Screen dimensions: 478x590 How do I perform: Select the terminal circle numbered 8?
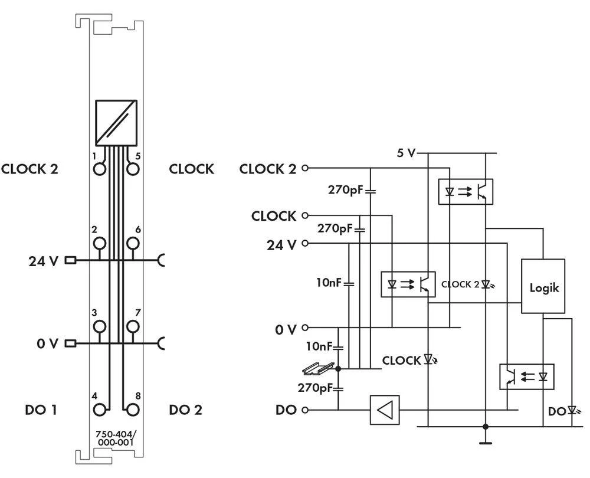click(133, 409)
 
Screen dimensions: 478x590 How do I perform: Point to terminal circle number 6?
click(133, 243)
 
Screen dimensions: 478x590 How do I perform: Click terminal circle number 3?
click(100, 326)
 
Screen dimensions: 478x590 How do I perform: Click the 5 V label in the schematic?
click(405, 153)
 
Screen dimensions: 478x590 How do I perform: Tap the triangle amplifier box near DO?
click(385, 410)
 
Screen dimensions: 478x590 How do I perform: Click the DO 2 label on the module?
click(185, 410)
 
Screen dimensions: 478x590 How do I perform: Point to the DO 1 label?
click(42, 410)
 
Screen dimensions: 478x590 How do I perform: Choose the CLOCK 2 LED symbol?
click(486, 284)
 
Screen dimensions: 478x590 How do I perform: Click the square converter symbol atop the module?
click(116, 122)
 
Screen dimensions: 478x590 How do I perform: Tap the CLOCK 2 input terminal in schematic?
click(304, 168)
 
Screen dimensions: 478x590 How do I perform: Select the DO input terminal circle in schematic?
click(304, 410)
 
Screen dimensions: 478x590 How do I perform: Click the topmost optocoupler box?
click(466, 191)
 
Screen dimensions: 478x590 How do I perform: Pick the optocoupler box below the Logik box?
click(527, 376)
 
